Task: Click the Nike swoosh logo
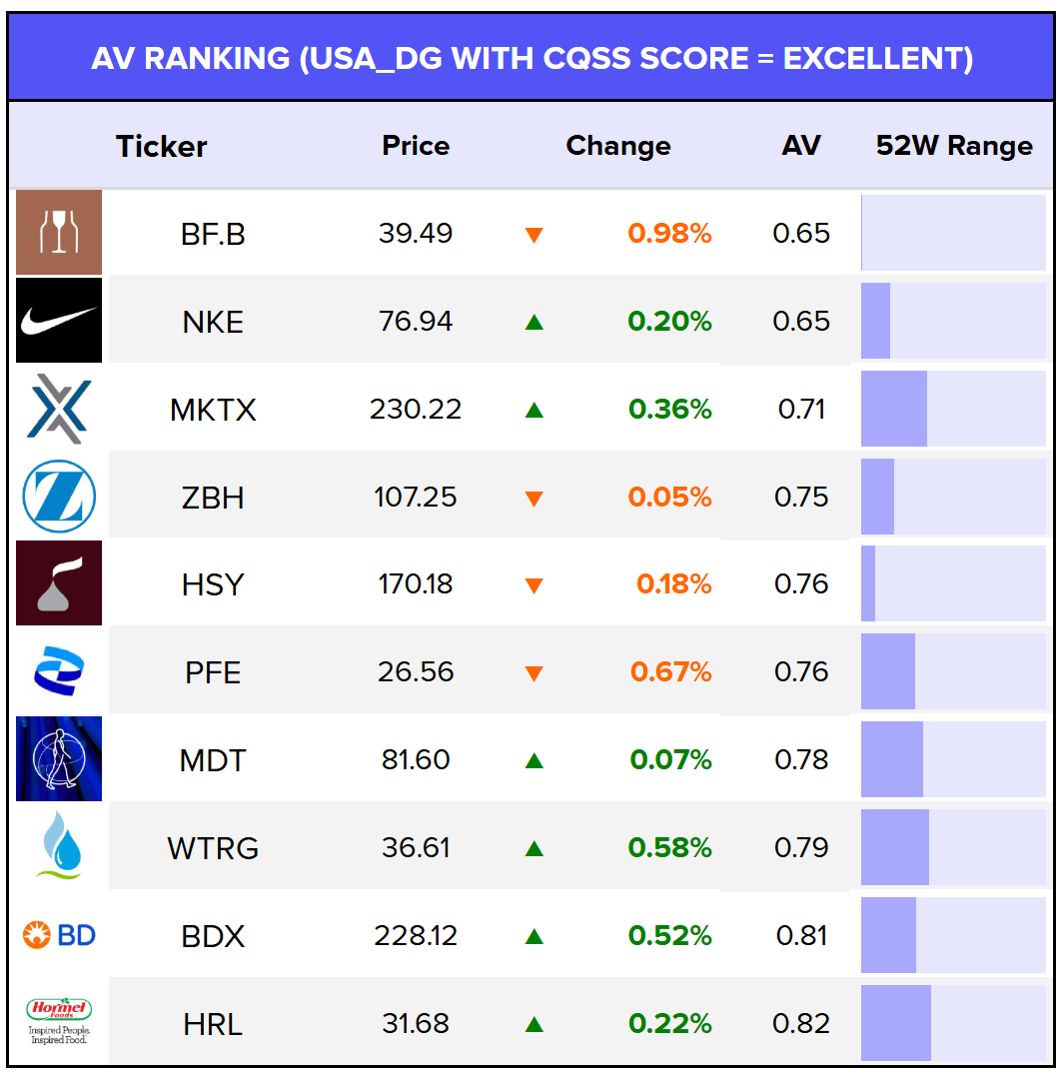[59, 320]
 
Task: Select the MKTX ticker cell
[213, 410]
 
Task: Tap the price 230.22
[416, 410]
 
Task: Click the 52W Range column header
[953, 146]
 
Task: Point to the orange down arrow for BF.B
[533, 236]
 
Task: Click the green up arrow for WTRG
[533, 849]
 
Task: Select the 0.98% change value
[669, 234]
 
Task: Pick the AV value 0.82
[801, 1024]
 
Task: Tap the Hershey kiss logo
[59, 583]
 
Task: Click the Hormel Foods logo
[59, 1021]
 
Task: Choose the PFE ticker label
[213, 672]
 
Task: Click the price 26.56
[416, 672]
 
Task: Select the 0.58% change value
[669, 848]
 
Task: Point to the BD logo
[59, 935]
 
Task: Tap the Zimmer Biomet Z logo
[59, 497]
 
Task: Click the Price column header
[416, 146]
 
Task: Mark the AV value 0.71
[801, 410]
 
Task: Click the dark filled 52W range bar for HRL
[896, 1023]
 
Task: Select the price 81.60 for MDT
[416, 760]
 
